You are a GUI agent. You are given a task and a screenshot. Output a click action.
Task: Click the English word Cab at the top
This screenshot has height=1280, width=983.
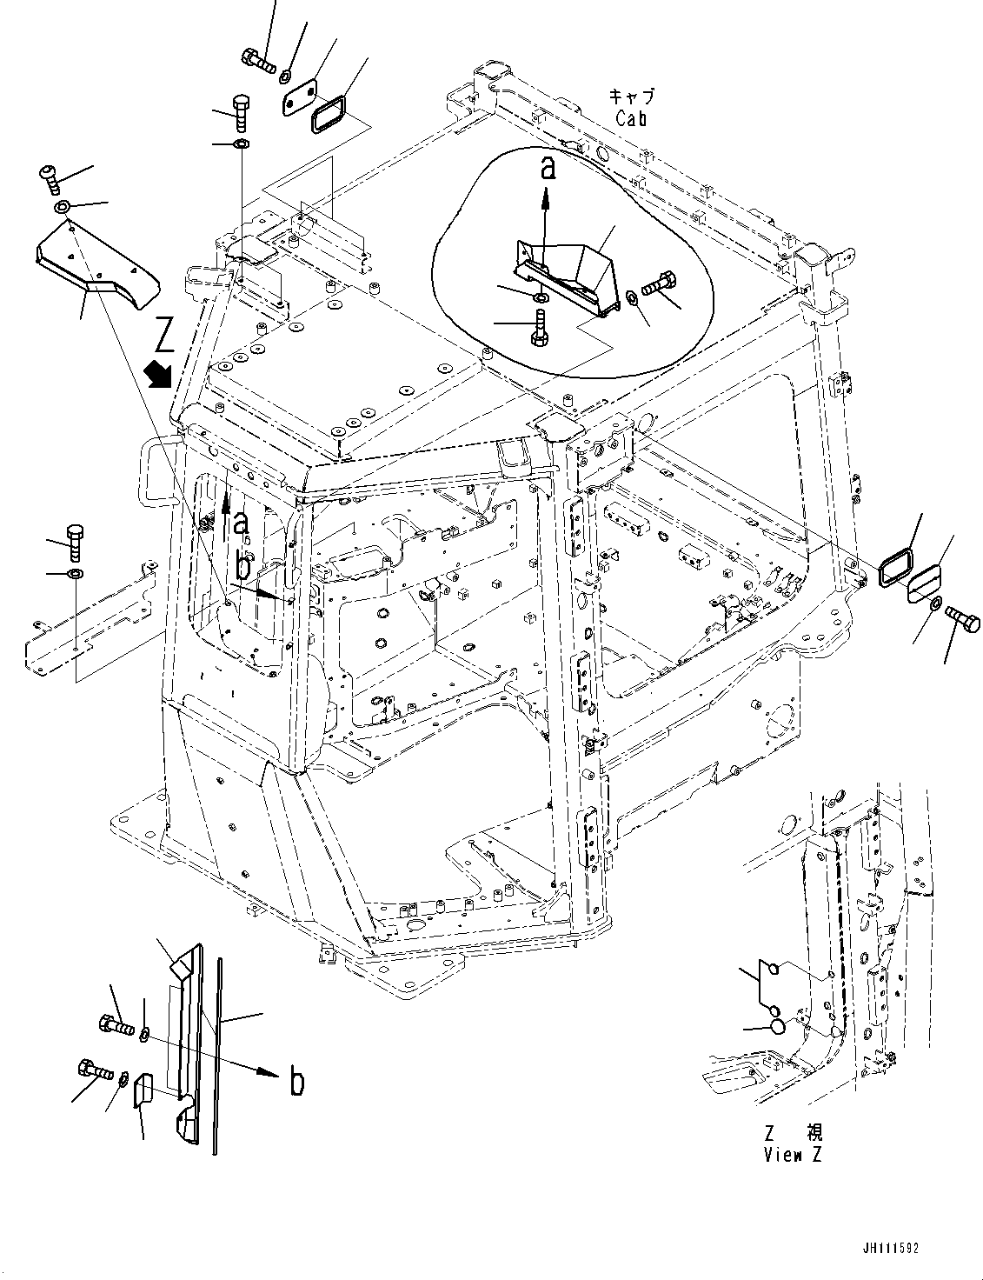631,119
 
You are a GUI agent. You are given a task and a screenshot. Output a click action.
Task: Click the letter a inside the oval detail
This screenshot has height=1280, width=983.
547,168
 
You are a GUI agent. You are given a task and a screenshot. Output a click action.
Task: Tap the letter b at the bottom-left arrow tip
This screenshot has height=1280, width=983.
296,1083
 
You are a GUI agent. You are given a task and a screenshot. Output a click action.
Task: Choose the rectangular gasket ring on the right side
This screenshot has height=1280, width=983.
896,566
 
